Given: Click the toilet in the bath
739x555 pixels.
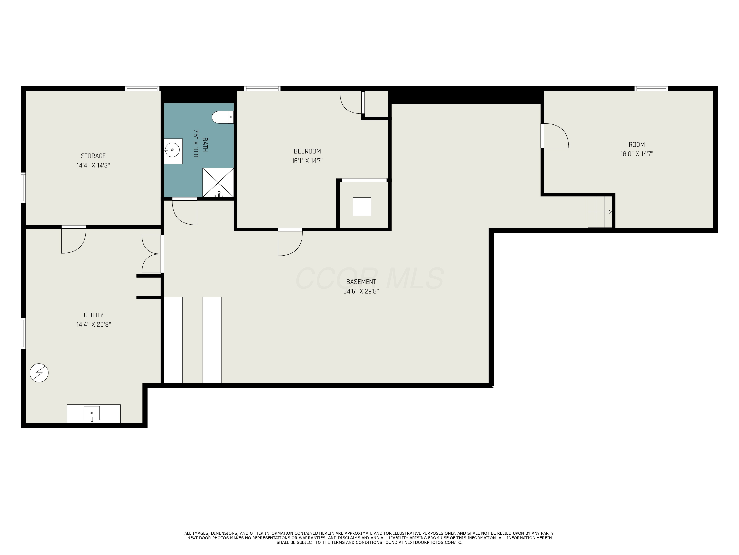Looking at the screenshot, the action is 222,117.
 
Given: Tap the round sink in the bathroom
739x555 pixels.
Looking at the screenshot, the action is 172,150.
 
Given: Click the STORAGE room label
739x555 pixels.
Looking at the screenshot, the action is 93,156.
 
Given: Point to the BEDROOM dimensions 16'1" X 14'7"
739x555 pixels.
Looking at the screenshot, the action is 307,161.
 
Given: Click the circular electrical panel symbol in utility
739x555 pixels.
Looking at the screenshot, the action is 39,373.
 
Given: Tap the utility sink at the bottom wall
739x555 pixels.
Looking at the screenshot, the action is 92,413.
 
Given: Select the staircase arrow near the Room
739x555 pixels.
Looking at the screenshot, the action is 600,212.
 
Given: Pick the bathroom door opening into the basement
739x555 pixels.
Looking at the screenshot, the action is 185,211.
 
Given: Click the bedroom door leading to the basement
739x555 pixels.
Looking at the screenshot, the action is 290,242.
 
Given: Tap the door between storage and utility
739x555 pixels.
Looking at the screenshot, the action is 73,240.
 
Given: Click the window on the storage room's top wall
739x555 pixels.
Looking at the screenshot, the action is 142,89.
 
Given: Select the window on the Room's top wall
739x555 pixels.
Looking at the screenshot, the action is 651,89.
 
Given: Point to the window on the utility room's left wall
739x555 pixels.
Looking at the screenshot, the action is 23,333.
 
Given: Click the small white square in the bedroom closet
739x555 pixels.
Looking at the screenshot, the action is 362,206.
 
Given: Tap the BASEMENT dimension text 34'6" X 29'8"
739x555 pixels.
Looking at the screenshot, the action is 361,291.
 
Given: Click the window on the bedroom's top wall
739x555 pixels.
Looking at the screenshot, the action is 262,89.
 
